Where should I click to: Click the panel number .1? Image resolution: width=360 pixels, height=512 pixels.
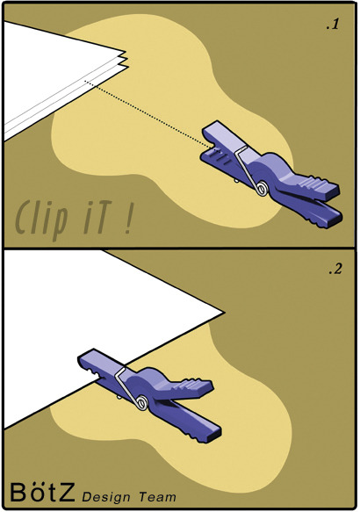coord(333,25)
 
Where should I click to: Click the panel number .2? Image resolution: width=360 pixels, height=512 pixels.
coord(335,269)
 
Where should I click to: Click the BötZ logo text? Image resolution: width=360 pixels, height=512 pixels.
coord(43,492)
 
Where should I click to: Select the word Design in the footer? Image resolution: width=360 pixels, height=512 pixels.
coord(106,497)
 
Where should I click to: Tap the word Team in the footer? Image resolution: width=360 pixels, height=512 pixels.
coord(158,496)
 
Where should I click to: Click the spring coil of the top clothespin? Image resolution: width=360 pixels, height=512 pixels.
coord(262,189)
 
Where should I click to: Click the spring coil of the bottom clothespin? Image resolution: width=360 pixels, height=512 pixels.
coord(142,402)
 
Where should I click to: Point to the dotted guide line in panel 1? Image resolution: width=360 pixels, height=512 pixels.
coord(148,114)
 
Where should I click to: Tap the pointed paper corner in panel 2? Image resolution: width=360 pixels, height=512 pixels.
coord(223,313)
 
